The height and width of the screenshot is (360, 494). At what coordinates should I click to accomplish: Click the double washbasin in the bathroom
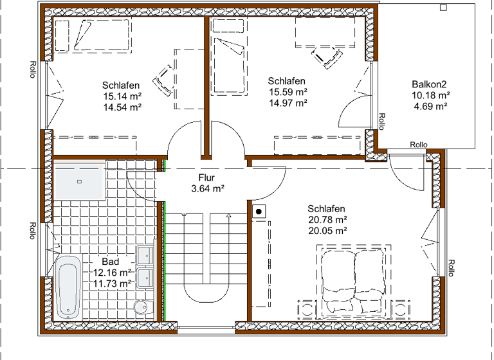coord(145,267)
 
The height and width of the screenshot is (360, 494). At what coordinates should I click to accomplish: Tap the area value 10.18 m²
coord(430,96)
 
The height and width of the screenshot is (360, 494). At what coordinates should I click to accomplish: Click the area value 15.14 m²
coord(122,96)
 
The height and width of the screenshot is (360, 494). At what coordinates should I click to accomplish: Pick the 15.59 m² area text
coord(288,92)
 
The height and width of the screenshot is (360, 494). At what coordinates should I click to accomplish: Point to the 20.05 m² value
coord(327,231)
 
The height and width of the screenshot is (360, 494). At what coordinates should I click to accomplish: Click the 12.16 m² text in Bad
coord(113,273)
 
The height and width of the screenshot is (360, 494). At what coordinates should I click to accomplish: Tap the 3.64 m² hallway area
coord(207,189)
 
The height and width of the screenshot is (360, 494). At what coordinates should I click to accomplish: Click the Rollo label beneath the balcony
coord(419,145)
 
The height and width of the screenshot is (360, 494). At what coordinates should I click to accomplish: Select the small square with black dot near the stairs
coord(259,210)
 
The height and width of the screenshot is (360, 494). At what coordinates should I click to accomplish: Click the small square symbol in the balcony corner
coord(443,7)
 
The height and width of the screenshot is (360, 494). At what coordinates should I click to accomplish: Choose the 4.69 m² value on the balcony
coord(430,107)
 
